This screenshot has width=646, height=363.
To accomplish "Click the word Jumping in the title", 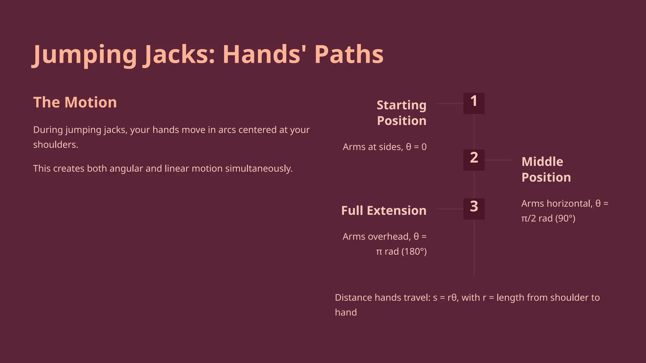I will pos(85,55).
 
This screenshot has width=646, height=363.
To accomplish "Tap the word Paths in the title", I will pos(349,55).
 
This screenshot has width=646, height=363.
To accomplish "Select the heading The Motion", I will pos(75,102).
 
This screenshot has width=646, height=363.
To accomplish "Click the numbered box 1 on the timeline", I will pos(474,103).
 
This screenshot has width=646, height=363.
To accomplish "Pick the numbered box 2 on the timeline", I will pos(474,160).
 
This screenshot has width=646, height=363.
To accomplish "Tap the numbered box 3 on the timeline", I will pos(474,209).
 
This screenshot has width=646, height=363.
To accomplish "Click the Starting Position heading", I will pos(402,113).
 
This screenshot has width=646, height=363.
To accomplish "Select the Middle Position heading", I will pos(546,170).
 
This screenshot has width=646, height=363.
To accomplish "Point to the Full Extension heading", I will pos(384,210).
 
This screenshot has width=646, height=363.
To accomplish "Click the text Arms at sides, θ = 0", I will pos(385,147).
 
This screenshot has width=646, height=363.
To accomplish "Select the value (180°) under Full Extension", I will pos(414,251).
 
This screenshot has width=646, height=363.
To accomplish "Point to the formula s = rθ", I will pos(444,297).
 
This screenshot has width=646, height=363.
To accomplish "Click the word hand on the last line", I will pos(346,312).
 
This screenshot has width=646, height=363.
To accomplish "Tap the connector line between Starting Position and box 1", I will pos(450,103).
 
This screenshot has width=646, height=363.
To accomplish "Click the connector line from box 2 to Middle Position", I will pos(498,160).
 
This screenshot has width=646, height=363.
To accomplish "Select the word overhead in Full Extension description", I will pos(389,237).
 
